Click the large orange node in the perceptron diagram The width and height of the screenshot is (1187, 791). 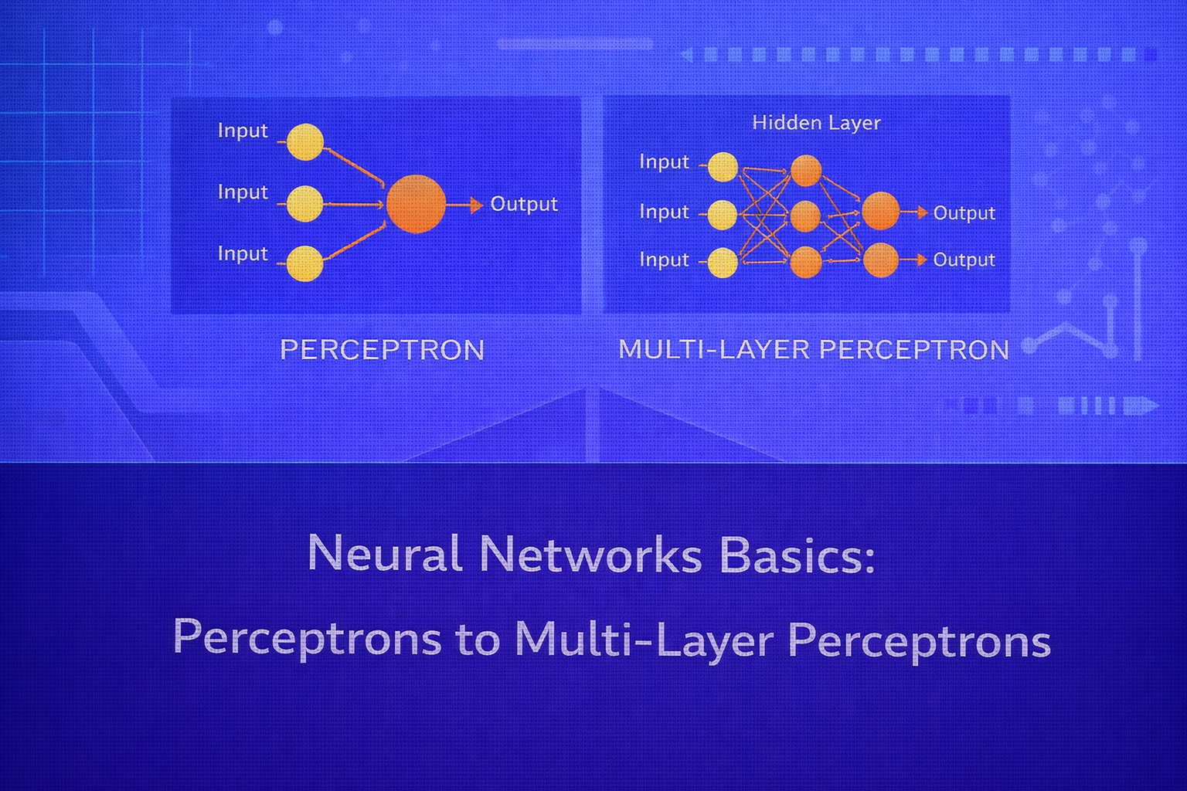(x=416, y=204)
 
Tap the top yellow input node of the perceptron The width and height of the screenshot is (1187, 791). (x=305, y=142)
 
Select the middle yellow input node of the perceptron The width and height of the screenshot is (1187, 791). (x=305, y=204)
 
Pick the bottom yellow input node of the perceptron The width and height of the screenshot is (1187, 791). (x=305, y=264)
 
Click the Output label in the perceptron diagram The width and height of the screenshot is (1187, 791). (x=524, y=204)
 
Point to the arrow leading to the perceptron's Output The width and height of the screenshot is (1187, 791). (x=466, y=205)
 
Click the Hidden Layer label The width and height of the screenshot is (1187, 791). (x=816, y=123)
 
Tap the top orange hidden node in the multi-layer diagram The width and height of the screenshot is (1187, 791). (x=806, y=171)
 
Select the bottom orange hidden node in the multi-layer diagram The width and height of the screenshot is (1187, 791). (x=806, y=262)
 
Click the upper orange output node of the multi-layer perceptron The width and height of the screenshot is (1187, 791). (x=880, y=212)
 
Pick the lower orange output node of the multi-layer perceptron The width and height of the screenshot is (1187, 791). (x=880, y=260)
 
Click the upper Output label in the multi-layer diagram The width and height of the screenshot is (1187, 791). (x=964, y=212)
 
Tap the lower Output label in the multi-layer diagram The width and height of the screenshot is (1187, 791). (x=964, y=260)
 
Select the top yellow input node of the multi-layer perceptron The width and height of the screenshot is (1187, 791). (x=723, y=167)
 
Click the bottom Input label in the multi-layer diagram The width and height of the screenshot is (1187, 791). (x=664, y=260)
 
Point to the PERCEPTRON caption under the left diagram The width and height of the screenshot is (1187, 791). (x=382, y=350)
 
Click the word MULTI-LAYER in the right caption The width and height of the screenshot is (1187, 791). (x=713, y=350)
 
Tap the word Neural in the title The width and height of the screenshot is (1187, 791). (x=385, y=553)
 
